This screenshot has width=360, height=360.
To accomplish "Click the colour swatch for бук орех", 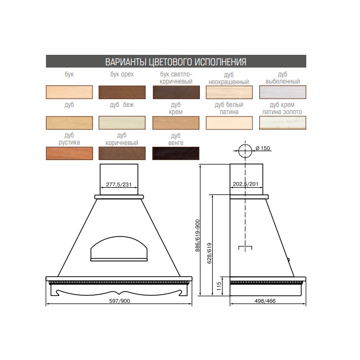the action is tap(122, 92).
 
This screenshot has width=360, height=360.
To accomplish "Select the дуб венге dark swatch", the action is tap(176, 153).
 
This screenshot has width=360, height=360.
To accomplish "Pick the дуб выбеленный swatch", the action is tap(282, 92).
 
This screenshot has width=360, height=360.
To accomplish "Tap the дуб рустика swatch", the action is tap(69, 153).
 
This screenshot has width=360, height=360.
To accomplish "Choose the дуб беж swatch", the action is tap(122, 122).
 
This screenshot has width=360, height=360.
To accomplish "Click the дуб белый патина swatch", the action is tap(229, 122).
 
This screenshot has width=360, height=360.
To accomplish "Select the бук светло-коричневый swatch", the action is tap(176, 92).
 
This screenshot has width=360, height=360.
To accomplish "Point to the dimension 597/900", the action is tap(120, 301).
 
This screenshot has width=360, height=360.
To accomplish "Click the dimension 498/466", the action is tap(265, 301).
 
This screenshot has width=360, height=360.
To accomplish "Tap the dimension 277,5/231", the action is tap(119, 184).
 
